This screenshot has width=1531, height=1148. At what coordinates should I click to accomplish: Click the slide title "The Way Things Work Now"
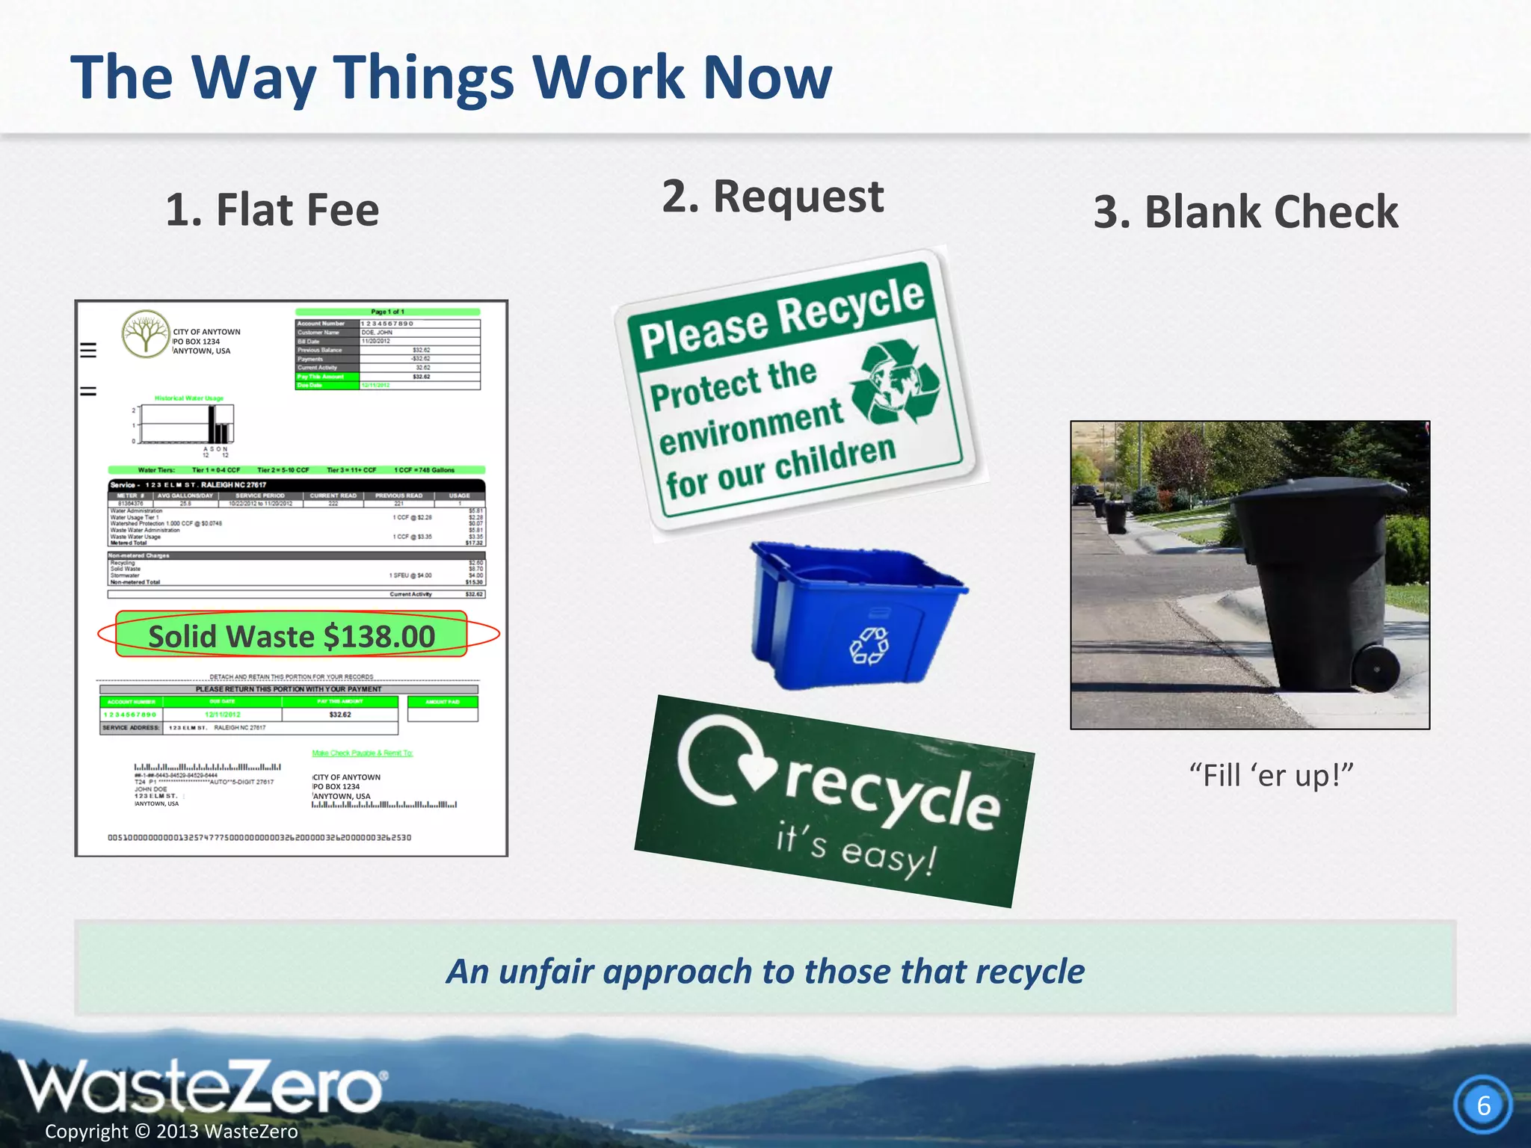pyautogui.click(x=451, y=78)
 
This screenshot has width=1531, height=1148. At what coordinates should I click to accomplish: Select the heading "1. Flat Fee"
pyautogui.click(x=272, y=210)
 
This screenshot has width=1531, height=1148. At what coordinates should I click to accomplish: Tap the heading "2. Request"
pyautogui.click(x=773, y=197)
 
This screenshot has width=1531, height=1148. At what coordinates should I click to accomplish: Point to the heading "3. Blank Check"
pyautogui.click(x=1245, y=212)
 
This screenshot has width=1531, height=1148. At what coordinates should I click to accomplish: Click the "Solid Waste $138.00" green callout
pyautogui.click(x=292, y=636)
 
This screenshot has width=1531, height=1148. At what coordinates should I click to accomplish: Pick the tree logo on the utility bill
pyautogui.click(x=146, y=333)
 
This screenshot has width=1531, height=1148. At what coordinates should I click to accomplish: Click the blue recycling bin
pyautogui.click(x=856, y=613)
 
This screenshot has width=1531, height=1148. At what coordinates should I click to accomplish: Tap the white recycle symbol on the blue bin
pyautogui.click(x=869, y=645)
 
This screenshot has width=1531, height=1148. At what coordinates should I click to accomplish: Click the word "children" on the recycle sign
pyautogui.click(x=835, y=457)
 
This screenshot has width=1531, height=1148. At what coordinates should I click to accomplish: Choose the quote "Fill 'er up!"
pyautogui.click(x=1271, y=776)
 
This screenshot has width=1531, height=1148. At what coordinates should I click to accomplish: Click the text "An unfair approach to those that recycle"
pyautogui.click(x=765, y=972)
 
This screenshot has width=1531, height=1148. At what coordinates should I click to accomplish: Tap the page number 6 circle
pyautogui.click(x=1483, y=1105)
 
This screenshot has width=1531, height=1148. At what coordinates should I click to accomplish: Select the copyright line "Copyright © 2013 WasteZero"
pyautogui.click(x=171, y=1132)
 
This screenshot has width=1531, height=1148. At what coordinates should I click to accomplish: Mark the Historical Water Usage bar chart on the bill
pyautogui.click(x=186, y=424)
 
